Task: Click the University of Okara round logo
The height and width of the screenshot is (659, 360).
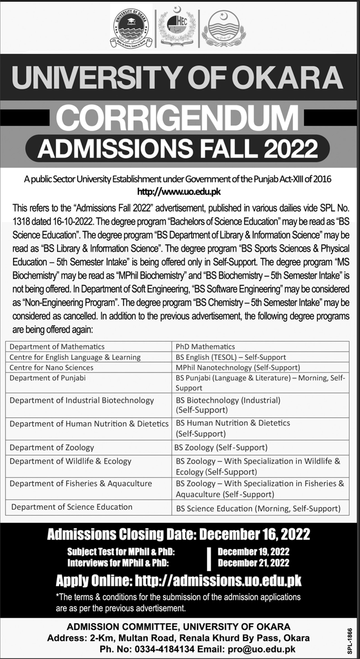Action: [132, 27]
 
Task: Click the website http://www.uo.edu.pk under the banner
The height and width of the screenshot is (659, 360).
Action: [180, 192]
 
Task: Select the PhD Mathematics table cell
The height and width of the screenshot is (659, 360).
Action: [205, 347]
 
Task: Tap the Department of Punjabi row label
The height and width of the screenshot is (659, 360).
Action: [48, 377]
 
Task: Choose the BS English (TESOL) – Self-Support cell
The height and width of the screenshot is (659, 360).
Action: [230, 357]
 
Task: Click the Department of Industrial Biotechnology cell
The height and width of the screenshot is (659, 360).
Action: [82, 400]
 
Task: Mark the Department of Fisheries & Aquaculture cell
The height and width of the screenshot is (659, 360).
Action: [81, 484]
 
